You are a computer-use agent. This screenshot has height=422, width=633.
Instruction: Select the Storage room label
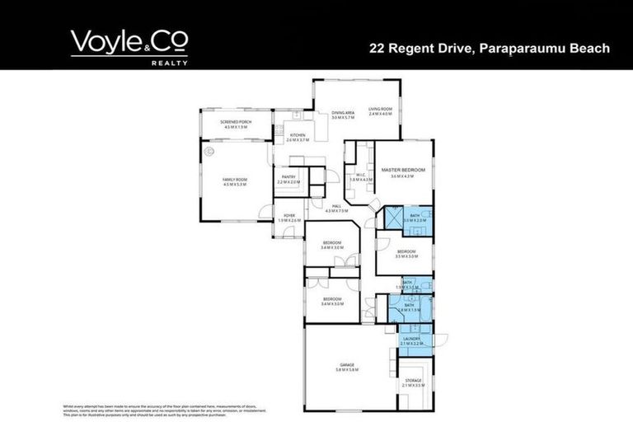point(413,382)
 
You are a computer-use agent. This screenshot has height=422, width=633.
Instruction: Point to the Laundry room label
point(413,340)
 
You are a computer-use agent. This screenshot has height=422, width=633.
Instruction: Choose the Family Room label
point(235,181)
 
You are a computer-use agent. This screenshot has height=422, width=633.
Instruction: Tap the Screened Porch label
point(235,124)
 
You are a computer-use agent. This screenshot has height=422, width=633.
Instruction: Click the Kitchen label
point(297,138)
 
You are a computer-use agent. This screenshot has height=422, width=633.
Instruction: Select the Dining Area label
point(343,115)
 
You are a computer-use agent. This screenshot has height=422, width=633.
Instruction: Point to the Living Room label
point(380,111)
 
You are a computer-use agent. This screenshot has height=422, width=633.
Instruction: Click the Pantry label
point(288,179)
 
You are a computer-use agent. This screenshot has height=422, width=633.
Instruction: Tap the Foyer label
point(289,218)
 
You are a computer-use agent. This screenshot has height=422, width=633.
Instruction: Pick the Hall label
point(336,209)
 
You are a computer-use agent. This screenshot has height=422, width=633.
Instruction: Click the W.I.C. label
point(361,176)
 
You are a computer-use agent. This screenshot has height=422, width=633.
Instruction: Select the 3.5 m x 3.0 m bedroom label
point(406,254)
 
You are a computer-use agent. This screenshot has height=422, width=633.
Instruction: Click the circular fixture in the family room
point(209,152)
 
